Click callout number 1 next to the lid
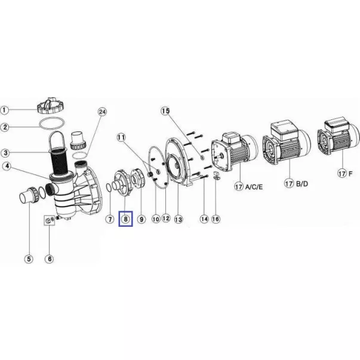click(x=4, y=110)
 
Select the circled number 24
click(x=102, y=112)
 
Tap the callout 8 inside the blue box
click(x=125, y=219)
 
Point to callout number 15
click(x=165, y=111)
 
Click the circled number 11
click(x=121, y=137)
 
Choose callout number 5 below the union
click(x=29, y=259)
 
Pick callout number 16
click(x=216, y=219)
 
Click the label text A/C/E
click(x=254, y=187)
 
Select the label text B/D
click(x=301, y=184)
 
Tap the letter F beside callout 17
click(x=350, y=174)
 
